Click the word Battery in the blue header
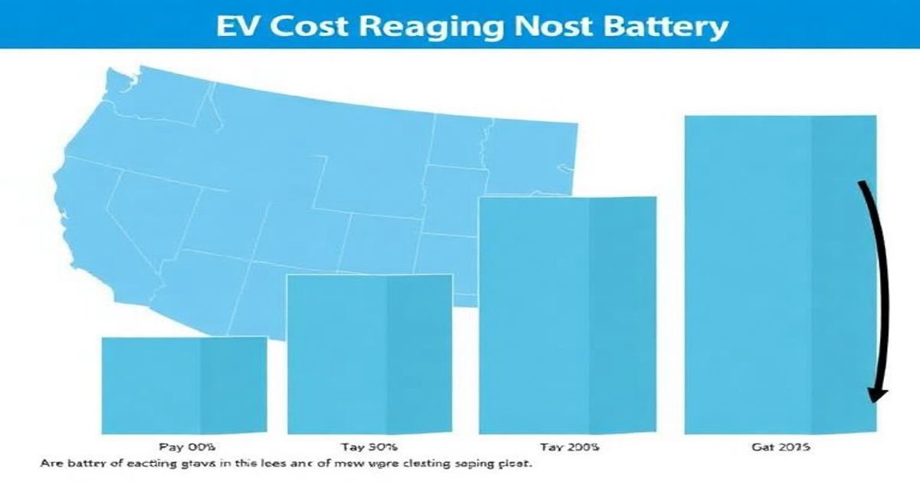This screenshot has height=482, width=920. (653, 27)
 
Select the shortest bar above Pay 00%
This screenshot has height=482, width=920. (184, 385)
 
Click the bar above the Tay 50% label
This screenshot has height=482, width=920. (369, 354)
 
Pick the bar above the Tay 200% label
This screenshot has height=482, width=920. (567, 315)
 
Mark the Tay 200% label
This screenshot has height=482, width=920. (569, 447)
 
